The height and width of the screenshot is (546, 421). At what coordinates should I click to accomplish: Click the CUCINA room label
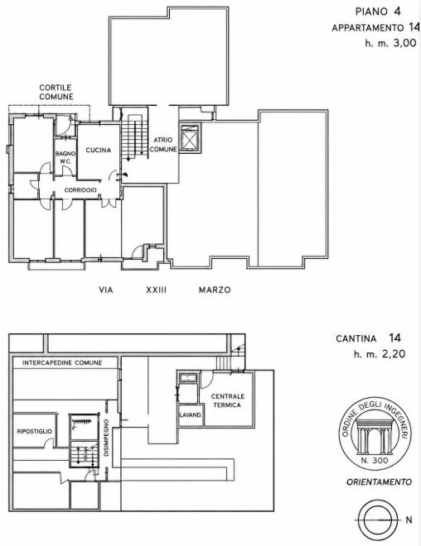(99, 150)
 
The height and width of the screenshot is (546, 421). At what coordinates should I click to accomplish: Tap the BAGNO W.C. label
(65, 157)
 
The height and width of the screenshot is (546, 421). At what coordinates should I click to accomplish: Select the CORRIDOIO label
(80, 190)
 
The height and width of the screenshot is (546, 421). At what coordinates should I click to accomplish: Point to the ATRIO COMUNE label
(163, 145)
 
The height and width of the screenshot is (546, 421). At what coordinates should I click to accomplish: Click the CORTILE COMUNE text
(56, 92)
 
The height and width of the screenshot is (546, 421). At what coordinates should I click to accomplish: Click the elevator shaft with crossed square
(190, 138)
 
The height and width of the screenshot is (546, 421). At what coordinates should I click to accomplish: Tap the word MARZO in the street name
(215, 290)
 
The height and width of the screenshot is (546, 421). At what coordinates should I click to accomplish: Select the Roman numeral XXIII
(157, 290)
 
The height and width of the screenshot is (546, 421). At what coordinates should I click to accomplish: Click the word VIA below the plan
(106, 290)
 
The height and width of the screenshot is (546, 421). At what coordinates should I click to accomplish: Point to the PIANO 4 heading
(378, 12)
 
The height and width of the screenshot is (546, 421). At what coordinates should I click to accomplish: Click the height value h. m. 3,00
(390, 43)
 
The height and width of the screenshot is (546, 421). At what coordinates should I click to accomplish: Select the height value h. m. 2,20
(380, 354)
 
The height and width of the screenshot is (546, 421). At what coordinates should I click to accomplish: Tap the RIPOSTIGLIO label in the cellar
(35, 432)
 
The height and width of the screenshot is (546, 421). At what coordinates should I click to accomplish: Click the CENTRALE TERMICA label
(227, 400)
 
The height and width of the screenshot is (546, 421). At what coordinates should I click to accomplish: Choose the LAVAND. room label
(191, 415)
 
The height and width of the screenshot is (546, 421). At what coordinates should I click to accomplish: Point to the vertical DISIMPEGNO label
(106, 438)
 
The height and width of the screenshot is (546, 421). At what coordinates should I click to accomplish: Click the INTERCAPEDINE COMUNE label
(62, 363)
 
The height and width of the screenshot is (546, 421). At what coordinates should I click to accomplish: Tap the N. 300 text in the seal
(375, 460)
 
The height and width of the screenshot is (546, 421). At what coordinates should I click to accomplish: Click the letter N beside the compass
(409, 520)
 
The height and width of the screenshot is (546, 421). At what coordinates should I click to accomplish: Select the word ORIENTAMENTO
(379, 482)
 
